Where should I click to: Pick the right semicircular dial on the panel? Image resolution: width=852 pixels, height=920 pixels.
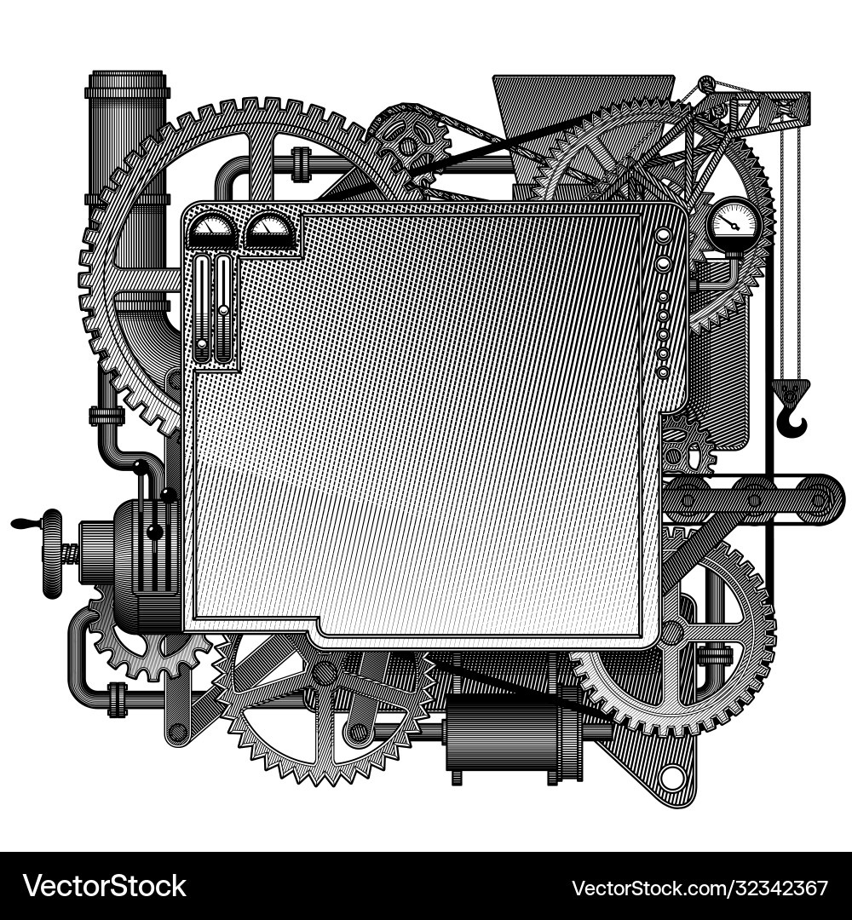click(269, 232)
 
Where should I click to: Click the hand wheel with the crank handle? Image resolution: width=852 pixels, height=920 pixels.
click(52, 554)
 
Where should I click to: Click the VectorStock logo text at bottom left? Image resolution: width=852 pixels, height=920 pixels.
click(105, 886)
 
